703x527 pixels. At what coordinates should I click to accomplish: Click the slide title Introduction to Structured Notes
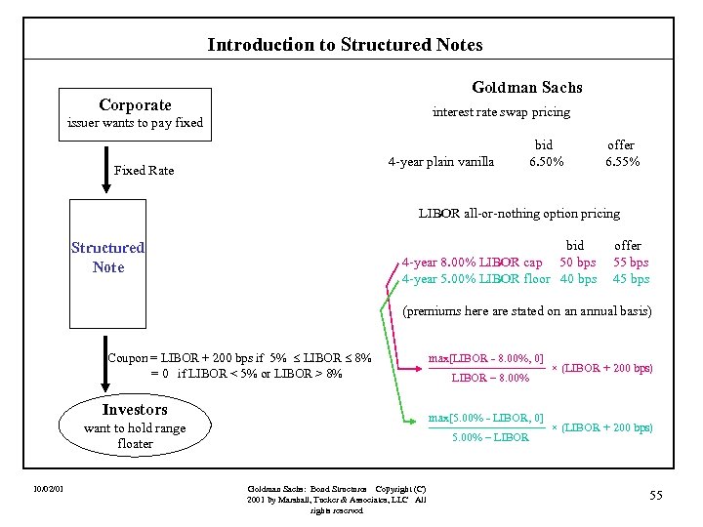[x=345, y=44]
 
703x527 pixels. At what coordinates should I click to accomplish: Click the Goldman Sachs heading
[x=526, y=87]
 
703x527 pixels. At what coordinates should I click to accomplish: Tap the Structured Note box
[x=107, y=258]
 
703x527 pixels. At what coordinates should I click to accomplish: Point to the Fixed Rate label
[x=144, y=171]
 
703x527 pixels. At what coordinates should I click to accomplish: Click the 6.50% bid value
[x=546, y=162]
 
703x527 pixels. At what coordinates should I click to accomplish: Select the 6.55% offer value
[x=622, y=162]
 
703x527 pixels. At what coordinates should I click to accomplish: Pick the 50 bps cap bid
[x=578, y=262]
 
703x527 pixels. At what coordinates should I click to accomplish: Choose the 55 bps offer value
[x=631, y=262]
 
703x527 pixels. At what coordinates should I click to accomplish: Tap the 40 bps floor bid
[x=578, y=279]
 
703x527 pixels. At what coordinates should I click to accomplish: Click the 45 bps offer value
[x=631, y=279]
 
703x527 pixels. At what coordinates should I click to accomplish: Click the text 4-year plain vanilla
[x=440, y=162]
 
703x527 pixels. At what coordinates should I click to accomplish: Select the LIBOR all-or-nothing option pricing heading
[x=518, y=213]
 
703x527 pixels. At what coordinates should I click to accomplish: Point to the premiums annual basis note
[x=526, y=311]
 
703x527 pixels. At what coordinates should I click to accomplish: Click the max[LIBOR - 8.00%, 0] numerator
[x=485, y=358]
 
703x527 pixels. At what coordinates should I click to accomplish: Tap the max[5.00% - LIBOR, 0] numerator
[x=485, y=419]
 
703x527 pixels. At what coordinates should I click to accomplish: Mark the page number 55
[x=655, y=496]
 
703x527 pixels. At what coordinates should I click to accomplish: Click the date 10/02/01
[x=48, y=488]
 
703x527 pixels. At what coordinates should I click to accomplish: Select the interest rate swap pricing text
[x=501, y=112]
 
